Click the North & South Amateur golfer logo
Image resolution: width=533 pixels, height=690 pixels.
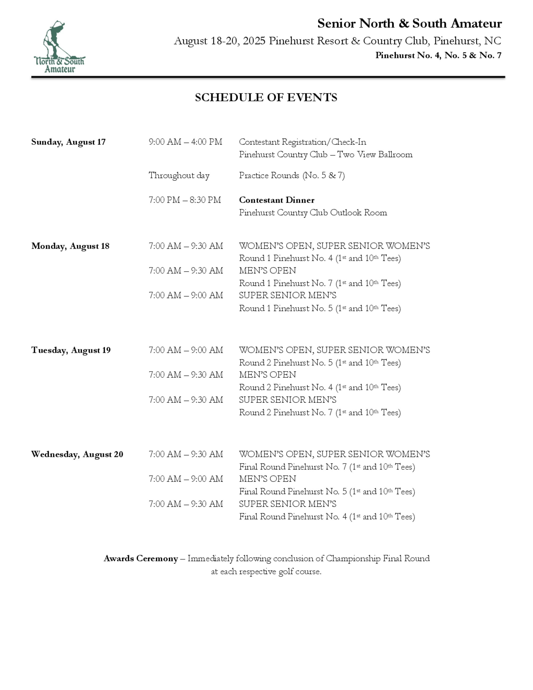(59, 47)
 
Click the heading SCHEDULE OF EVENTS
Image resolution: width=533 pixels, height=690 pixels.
(266, 98)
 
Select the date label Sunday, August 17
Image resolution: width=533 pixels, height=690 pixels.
(68, 142)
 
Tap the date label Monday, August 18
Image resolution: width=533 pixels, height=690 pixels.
(70, 246)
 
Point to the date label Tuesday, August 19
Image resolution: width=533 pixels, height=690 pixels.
(71, 350)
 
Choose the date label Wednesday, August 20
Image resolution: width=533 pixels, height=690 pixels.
(77, 454)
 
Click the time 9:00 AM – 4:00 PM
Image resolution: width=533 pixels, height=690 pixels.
(185, 142)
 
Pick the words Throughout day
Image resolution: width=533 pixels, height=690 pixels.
(179, 175)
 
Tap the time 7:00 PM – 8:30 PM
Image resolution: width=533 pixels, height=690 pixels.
(185, 200)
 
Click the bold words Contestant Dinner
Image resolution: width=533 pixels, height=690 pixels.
(277, 200)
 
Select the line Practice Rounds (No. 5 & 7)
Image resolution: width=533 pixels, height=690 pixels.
(292, 175)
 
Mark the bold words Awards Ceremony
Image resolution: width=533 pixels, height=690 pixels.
(141, 559)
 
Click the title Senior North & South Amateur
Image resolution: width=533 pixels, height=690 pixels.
(409, 24)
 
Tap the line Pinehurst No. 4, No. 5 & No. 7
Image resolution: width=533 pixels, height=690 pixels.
(438, 56)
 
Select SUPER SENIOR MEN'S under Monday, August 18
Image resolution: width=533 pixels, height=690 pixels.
(287, 295)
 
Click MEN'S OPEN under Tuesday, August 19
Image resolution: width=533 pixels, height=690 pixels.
(268, 375)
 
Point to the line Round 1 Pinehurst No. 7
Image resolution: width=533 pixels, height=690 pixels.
(320, 283)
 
